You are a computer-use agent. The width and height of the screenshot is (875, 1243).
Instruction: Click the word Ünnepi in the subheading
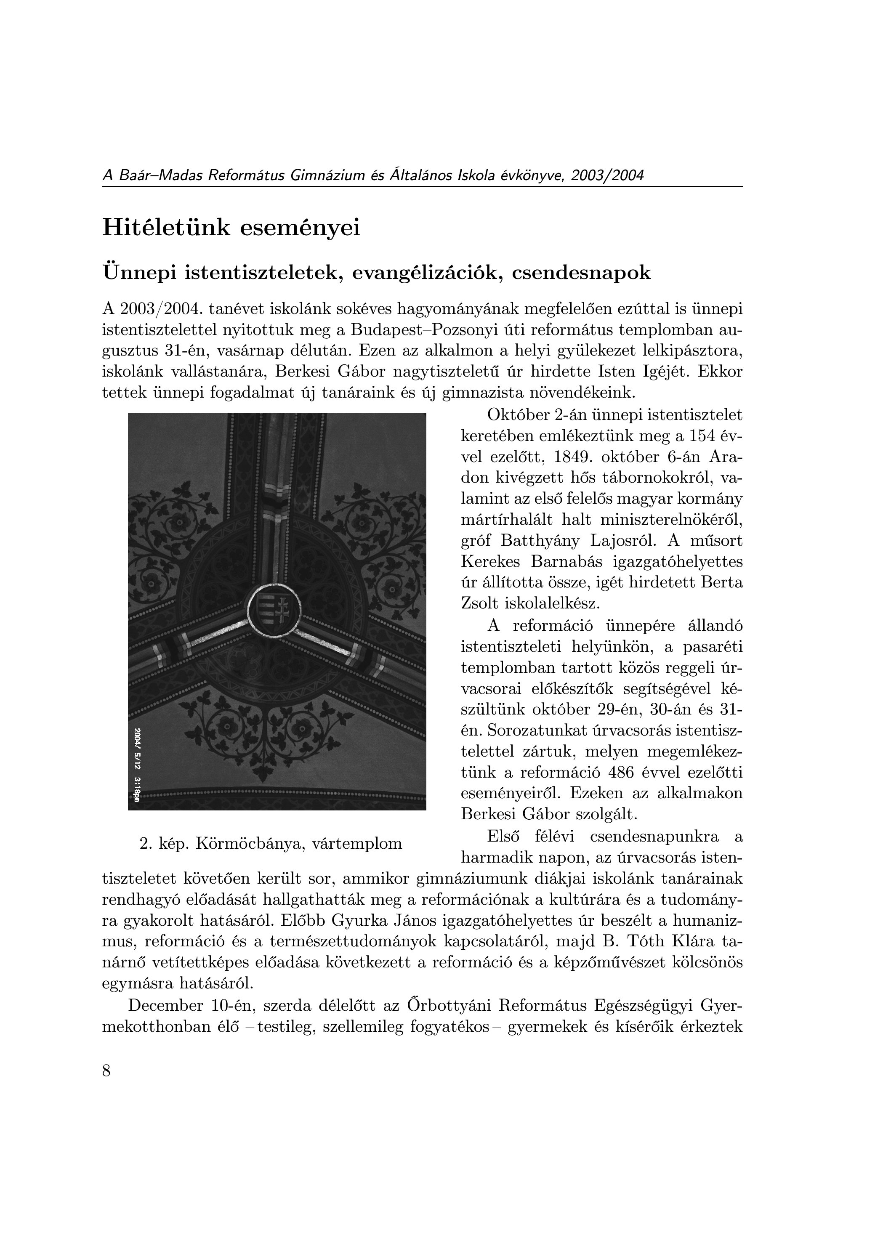pyautogui.click(x=138, y=272)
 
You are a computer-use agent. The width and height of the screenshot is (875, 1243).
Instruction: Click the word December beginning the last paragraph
pyautogui.click(x=165, y=1006)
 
